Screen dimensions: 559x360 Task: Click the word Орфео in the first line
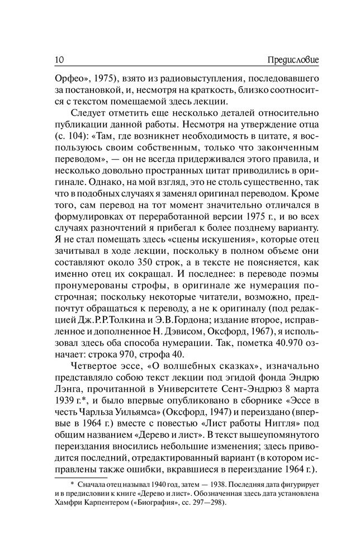tap(70, 76)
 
